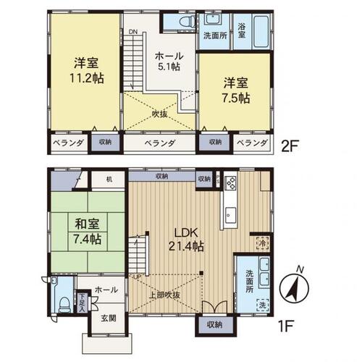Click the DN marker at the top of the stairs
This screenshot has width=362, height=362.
[134, 32]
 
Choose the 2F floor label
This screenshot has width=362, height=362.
[290, 143]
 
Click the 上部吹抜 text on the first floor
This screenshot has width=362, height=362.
[164, 295]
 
